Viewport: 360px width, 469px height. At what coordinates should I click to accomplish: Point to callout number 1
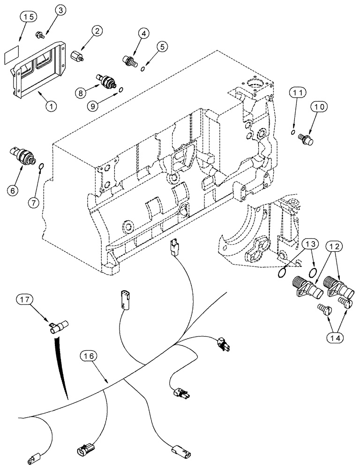51,93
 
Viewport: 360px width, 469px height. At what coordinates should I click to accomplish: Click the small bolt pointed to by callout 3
40,34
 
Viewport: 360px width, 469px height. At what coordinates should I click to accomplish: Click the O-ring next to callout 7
41,166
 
